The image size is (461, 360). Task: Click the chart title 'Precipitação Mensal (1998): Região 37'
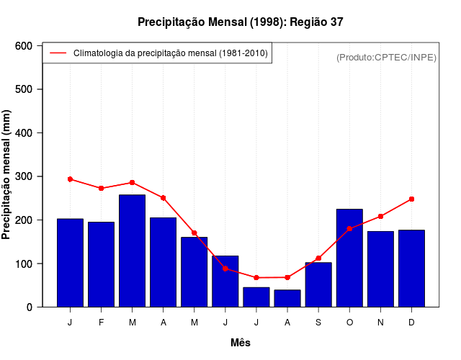241,22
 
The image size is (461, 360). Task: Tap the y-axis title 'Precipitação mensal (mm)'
7,175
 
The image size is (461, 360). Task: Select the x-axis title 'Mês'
241,343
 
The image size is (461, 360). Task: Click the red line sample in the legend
58,53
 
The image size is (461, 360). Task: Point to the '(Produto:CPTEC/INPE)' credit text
386,57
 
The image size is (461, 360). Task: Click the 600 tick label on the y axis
24,46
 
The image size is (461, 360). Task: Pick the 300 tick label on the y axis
24,176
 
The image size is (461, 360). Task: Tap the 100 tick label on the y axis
24,264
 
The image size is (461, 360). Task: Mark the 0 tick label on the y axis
30,307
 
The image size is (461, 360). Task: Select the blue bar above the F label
101,264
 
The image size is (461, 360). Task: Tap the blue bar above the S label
318,284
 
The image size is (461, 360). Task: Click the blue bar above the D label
411,269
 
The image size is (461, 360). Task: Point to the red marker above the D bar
411,199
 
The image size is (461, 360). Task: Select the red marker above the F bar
101,188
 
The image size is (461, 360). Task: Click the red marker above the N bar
380,216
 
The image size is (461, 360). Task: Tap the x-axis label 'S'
318,323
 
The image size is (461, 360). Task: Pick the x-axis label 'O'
349,323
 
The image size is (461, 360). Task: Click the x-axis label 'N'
380,323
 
